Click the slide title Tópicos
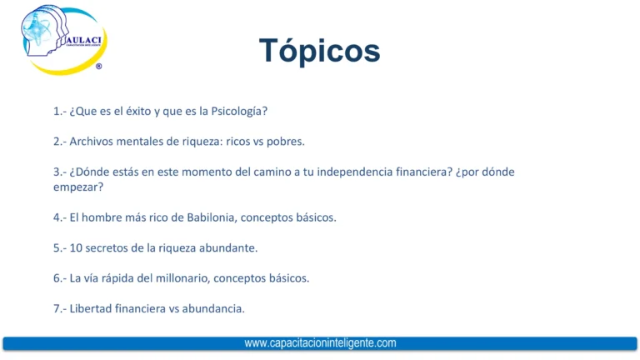tap(319, 50)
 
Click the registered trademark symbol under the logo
tap(99, 66)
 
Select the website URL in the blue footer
tap(320, 342)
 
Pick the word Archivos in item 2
tap(92, 141)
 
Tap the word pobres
tap(286, 141)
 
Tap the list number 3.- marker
tap(59, 172)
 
